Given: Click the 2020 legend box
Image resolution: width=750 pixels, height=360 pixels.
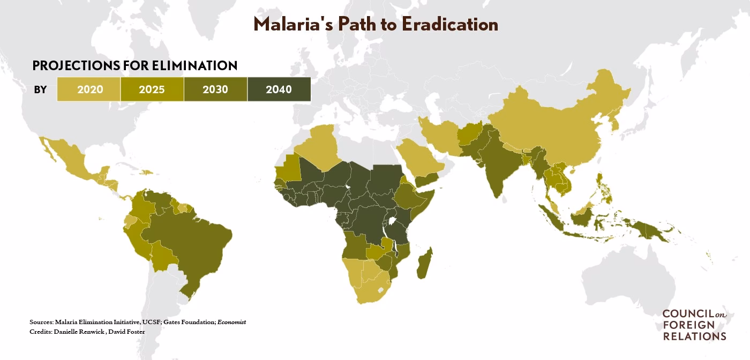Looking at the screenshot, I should pos(89,89).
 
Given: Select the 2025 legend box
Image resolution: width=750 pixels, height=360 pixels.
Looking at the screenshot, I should pos(152,89).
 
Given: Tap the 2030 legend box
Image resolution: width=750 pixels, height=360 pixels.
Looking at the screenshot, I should pos(215,89).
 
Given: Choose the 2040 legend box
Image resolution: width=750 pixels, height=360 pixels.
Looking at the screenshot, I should pos(279,89).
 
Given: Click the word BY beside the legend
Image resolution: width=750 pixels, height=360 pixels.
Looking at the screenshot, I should pos(41,89).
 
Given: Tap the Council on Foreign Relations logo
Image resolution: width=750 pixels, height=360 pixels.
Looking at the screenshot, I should pos(694,325).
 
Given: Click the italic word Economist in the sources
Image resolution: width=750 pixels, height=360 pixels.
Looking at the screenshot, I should pos(231,322).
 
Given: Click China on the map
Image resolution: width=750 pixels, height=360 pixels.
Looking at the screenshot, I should pos(552,129).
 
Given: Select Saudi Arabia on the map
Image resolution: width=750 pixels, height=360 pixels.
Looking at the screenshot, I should pos(418,158).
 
